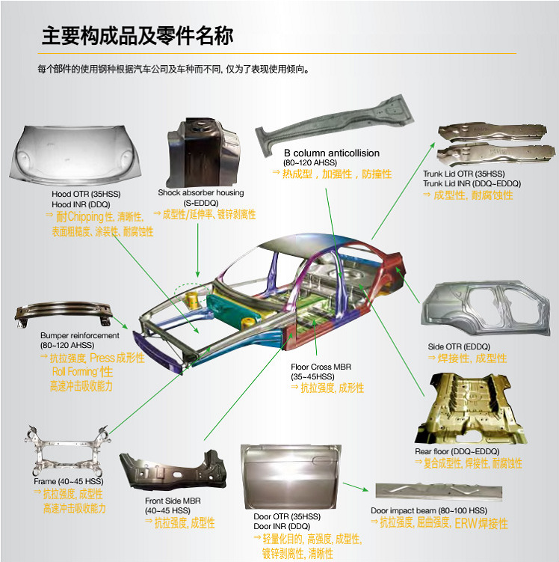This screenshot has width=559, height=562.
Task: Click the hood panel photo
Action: tap(75, 154)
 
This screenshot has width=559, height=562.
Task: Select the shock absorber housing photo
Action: tap(203, 153)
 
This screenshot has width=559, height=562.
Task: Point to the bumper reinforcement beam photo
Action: tap(64, 314)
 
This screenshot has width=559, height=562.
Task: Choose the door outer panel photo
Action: tap(291, 477)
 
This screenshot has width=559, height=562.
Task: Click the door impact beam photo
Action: tap(439, 492)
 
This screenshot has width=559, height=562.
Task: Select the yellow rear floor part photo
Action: tap(470, 409)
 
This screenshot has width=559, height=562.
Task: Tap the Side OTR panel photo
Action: tap(486, 308)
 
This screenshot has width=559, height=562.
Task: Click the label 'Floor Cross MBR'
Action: tap(321, 367)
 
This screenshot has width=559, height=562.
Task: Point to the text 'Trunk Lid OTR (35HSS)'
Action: tap(464, 174)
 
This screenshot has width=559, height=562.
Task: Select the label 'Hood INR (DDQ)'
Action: tap(81, 204)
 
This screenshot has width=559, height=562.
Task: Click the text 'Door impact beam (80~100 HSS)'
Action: tap(429, 510)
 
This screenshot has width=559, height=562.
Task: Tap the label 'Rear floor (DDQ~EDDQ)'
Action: tap(457, 451)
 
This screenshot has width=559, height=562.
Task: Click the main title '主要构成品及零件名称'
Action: tap(138, 36)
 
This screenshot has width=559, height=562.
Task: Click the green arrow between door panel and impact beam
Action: tap(356, 486)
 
